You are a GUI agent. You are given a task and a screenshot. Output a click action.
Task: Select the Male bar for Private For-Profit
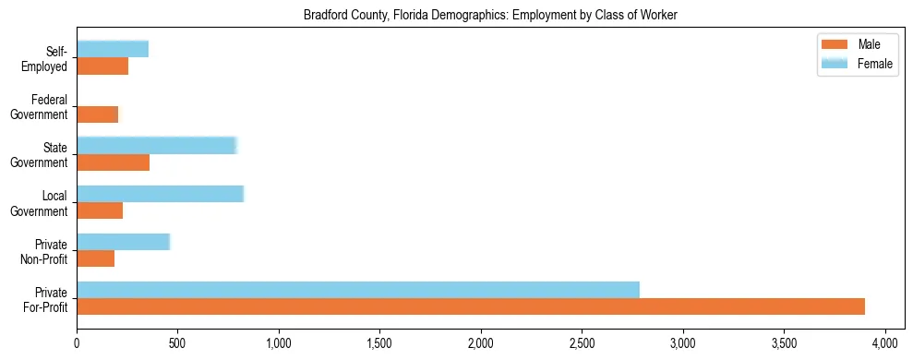click(x=471, y=306)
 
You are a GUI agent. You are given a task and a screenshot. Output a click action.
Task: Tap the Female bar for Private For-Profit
click(x=358, y=290)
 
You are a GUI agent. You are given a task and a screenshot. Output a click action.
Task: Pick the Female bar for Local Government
click(x=160, y=194)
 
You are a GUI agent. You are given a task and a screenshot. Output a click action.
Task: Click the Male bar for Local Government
click(x=100, y=210)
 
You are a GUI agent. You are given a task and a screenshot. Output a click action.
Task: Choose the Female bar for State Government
click(x=157, y=145)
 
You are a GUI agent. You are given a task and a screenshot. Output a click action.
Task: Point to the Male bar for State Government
click(x=113, y=162)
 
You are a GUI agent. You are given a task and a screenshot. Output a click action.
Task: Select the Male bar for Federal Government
click(x=98, y=114)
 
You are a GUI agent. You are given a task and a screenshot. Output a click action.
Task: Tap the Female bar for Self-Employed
click(x=113, y=49)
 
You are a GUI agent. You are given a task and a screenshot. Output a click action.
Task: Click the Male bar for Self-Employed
click(x=102, y=66)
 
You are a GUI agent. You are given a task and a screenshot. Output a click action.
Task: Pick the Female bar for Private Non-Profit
click(x=123, y=242)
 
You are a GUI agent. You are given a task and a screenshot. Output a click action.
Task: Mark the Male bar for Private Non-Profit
click(x=95, y=258)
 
